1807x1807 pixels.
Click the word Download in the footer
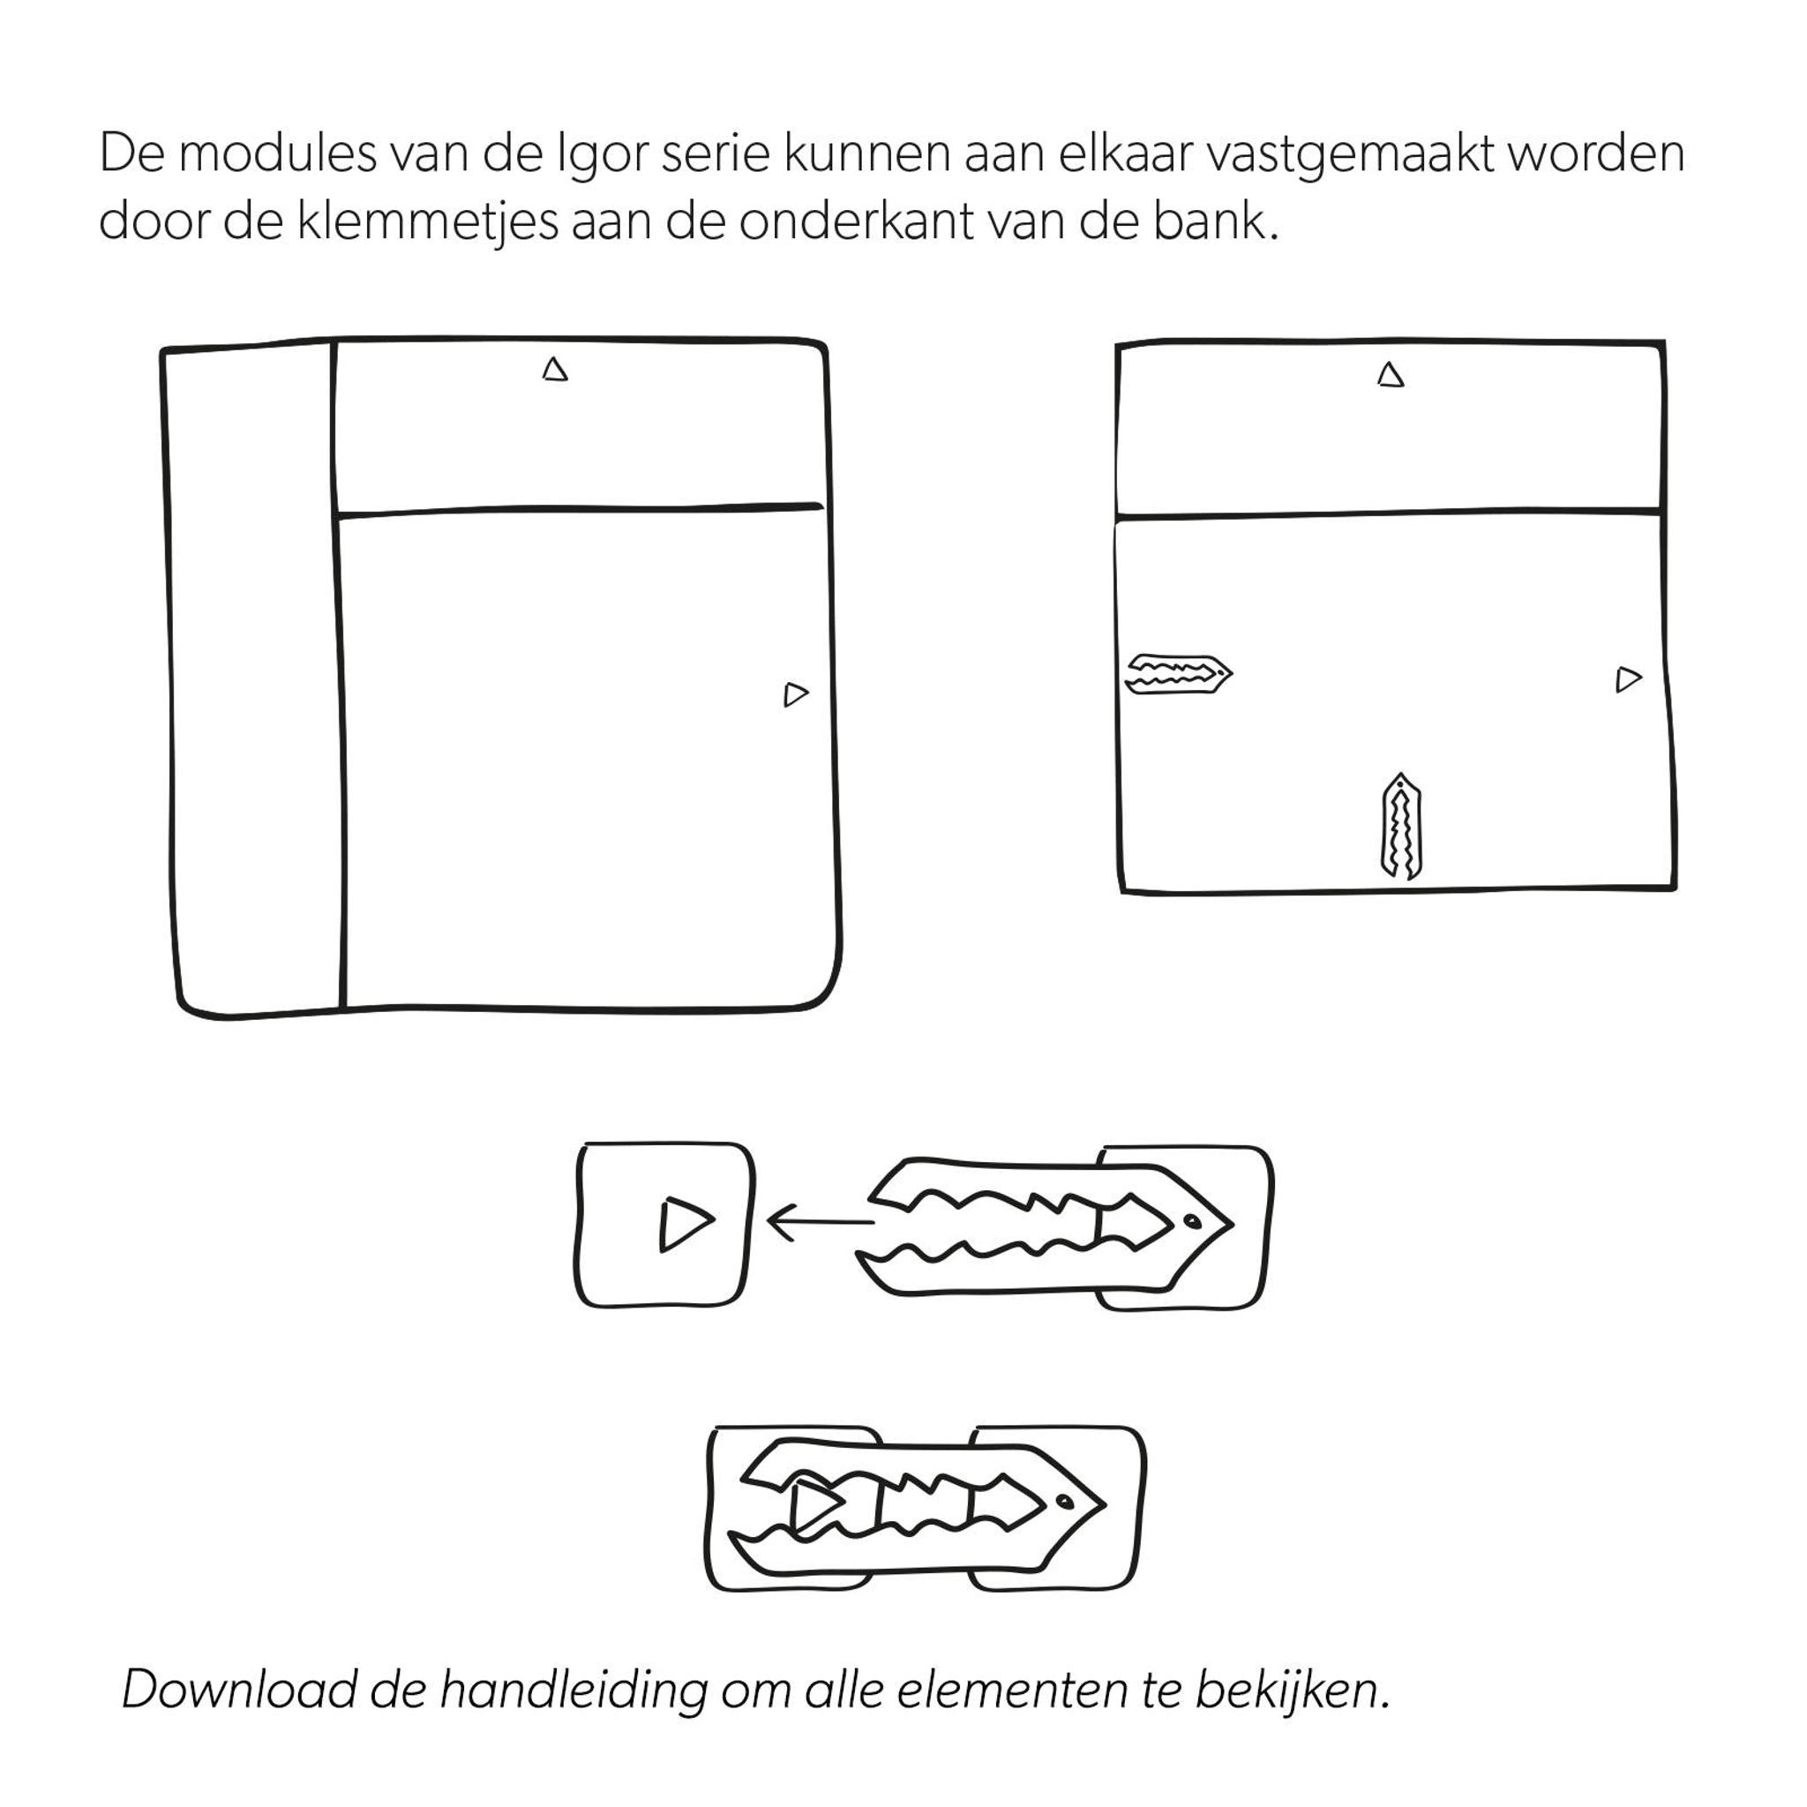(239, 1689)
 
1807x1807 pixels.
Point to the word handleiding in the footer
(573, 1689)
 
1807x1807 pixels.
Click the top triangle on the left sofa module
(555, 371)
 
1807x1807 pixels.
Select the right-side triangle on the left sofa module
(795, 694)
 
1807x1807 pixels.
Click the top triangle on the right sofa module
(1391, 376)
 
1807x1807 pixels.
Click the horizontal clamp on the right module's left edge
(1178, 673)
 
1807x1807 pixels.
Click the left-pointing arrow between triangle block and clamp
(820, 1221)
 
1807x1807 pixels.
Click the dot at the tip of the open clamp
(1191, 1220)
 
